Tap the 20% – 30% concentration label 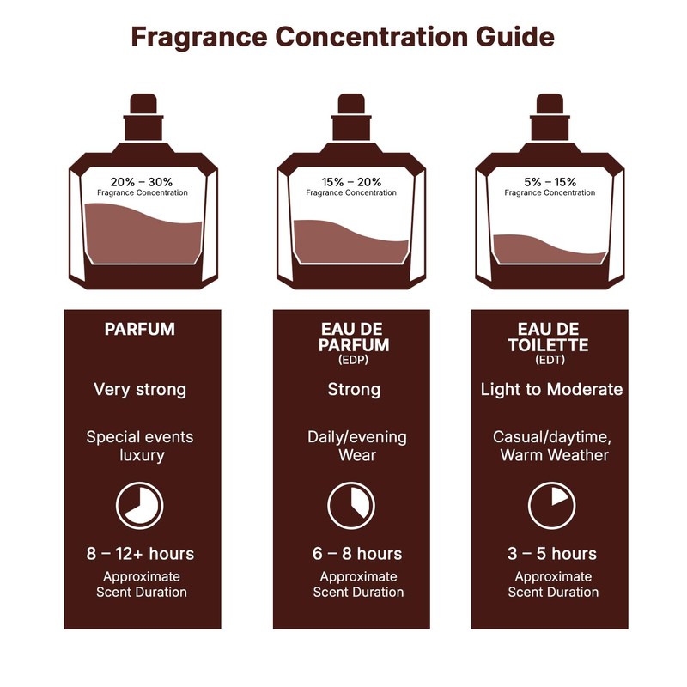[142, 182]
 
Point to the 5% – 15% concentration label [550, 182]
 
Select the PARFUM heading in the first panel [139, 330]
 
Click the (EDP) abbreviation [353, 360]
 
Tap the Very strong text [139, 390]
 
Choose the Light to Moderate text [551, 390]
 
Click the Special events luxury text [139, 446]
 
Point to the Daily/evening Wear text [356, 446]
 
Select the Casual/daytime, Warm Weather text [551, 446]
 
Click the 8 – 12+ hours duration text [139, 553]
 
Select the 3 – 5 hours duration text [551, 553]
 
